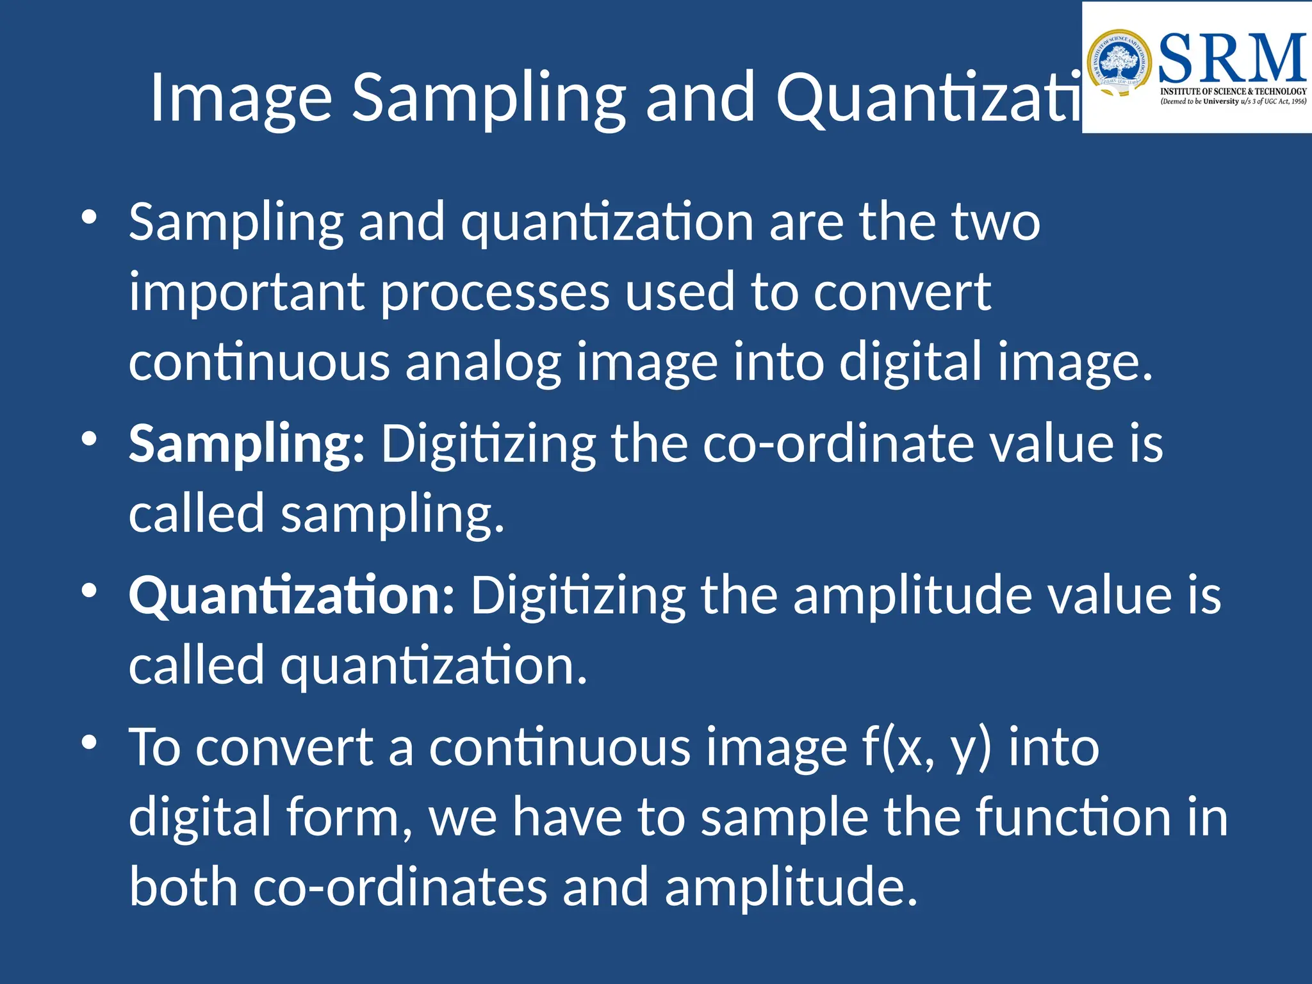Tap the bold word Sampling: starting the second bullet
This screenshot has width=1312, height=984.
tap(247, 444)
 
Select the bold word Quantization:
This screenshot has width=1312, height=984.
tap(291, 596)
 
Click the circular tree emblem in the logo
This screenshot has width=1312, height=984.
tap(1119, 64)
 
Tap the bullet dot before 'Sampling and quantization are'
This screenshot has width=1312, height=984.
tap(89, 217)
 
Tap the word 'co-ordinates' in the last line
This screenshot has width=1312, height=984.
tap(400, 887)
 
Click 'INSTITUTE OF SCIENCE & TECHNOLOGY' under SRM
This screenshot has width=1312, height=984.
tap(1233, 92)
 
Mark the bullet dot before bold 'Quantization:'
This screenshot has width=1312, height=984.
tap(89, 591)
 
